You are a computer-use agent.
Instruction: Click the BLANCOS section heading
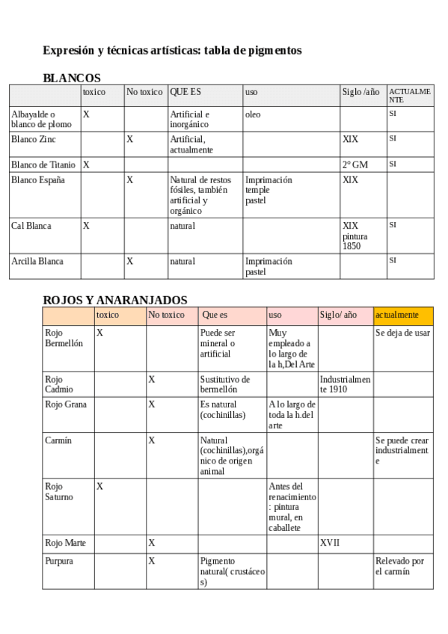click(x=72, y=78)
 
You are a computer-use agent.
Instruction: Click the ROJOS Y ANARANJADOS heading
click(x=115, y=300)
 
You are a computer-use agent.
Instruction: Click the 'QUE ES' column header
click(x=185, y=92)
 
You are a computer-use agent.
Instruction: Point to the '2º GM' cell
click(x=355, y=164)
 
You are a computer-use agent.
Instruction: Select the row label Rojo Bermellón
click(x=64, y=338)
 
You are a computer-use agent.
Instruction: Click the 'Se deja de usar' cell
click(x=402, y=333)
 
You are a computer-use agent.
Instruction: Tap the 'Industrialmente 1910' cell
click(x=345, y=384)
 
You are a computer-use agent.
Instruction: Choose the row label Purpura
click(x=59, y=560)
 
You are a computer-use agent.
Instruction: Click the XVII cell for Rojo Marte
click(x=330, y=543)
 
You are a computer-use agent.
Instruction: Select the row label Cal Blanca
click(x=31, y=226)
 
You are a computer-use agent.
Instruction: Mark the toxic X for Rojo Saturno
click(x=99, y=486)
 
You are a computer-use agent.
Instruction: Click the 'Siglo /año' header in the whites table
click(x=360, y=92)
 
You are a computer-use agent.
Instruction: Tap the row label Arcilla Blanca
click(x=37, y=262)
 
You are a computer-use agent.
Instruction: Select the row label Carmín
click(x=58, y=440)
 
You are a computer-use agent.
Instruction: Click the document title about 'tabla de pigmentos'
click(x=172, y=51)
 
